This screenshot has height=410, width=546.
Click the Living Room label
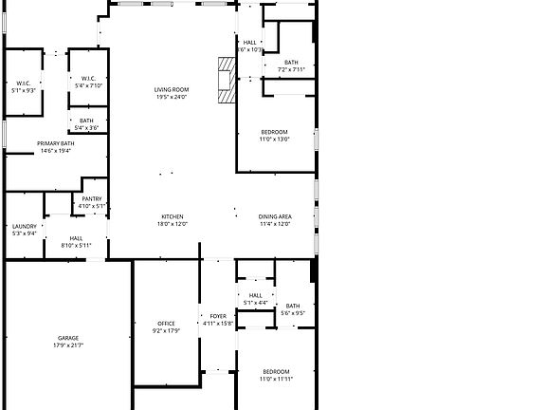(x=172, y=90)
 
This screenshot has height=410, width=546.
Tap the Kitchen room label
(x=172, y=217)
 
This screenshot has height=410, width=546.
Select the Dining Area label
(x=275, y=217)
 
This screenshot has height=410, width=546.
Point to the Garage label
(x=68, y=338)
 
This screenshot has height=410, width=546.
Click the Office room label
(x=166, y=325)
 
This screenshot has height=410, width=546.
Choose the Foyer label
(x=218, y=316)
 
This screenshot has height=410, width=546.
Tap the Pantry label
(x=92, y=198)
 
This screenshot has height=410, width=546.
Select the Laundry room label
(x=25, y=226)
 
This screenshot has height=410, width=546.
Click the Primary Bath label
(x=55, y=143)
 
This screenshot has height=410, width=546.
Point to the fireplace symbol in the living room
(x=226, y=79)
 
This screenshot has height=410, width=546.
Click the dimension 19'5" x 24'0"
(x=172, y=97)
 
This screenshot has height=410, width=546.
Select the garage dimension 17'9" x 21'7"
(x=68, y=345)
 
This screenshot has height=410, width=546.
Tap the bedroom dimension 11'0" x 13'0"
(x=274, y=139)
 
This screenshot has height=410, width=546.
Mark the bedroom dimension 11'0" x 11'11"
(x=276, y=378)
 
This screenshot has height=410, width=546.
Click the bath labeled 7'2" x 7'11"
(x=291, y=69)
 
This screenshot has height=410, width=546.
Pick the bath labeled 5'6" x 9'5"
(x=293, y=313)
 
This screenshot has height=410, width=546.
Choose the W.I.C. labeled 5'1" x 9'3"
(x=23, y=90)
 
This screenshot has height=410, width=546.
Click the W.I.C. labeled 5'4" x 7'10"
(x=87, y=85)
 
